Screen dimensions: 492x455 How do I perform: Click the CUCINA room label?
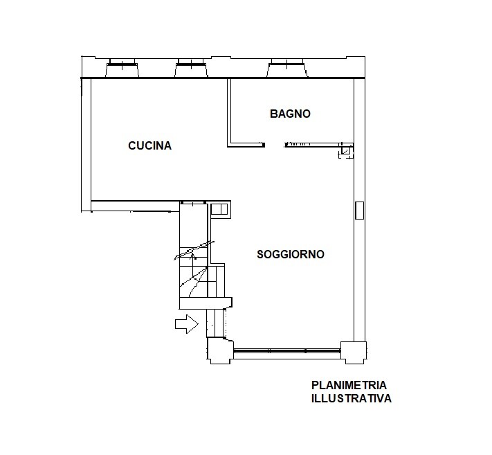(149, 145)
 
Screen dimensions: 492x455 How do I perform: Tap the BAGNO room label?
(290, 114)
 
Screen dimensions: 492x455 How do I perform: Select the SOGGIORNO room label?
(291, 254)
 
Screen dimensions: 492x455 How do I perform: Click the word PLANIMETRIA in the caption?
(349, 385)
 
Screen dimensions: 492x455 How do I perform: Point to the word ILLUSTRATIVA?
(352, 398)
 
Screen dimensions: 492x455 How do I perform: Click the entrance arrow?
(187, 323)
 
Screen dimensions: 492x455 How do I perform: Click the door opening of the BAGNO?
(275, 145)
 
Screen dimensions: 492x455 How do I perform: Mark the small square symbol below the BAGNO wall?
(346, 152)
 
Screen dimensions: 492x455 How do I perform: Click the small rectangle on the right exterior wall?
(359, 211)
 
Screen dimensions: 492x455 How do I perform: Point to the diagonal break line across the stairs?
(194, 250)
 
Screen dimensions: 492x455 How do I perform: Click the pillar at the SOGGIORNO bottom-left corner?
(220, 350)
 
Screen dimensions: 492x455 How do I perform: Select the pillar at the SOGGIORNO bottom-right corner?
(354, 353)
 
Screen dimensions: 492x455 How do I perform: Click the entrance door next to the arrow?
(217, 323)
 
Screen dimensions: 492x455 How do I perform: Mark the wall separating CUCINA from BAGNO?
(229, 111)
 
